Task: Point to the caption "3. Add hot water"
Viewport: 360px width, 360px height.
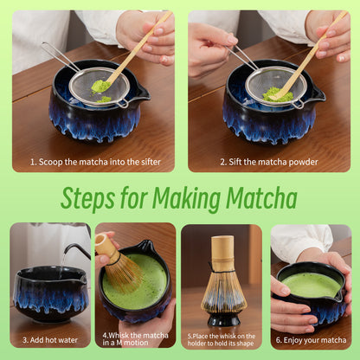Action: coord(48,341)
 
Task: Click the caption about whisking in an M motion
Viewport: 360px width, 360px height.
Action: coord(136,338)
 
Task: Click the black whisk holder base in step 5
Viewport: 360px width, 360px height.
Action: coord(224,318)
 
